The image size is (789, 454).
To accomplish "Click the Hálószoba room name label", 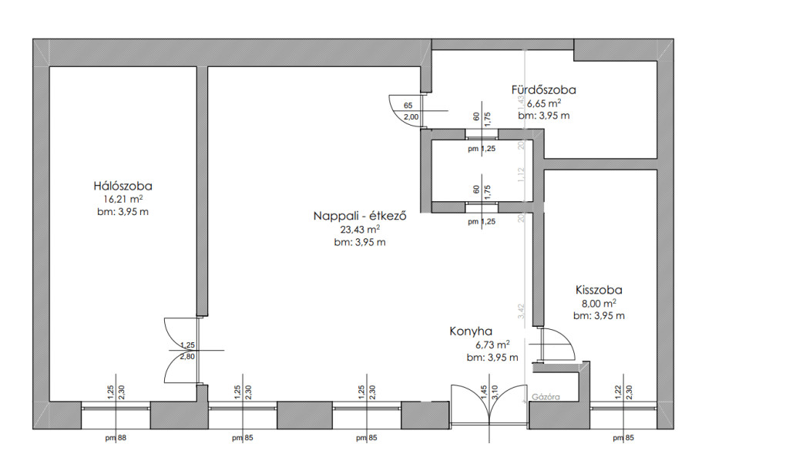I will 123,186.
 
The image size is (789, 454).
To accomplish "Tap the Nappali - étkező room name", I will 360,216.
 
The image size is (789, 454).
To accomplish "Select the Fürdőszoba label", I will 543,89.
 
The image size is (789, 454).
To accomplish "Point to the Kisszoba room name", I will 599,291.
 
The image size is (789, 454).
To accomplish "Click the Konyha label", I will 471,331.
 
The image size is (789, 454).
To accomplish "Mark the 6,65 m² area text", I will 543,103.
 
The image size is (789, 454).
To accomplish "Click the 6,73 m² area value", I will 492,345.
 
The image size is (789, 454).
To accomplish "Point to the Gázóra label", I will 545,398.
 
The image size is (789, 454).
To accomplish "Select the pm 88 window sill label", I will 116,439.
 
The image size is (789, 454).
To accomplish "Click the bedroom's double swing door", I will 179,351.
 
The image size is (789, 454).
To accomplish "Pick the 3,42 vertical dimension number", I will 522,311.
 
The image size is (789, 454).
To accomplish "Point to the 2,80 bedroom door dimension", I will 186,357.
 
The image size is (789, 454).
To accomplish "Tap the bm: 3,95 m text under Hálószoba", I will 123,212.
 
